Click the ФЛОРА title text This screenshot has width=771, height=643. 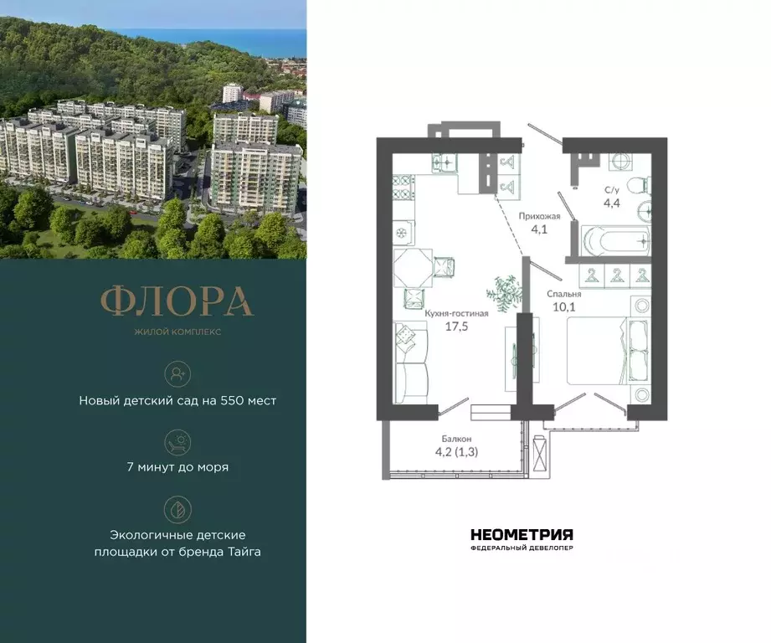177,302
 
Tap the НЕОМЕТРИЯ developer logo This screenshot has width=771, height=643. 522,534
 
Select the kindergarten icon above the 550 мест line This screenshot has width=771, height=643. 177,373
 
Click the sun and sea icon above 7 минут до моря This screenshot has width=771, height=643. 177,440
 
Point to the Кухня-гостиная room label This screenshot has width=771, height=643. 456,313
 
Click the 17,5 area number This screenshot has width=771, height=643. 456,327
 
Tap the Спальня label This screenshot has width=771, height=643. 564,295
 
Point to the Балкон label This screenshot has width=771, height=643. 457,439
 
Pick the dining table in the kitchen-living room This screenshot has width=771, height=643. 414,268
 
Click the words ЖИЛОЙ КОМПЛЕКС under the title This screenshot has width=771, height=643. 177,331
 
